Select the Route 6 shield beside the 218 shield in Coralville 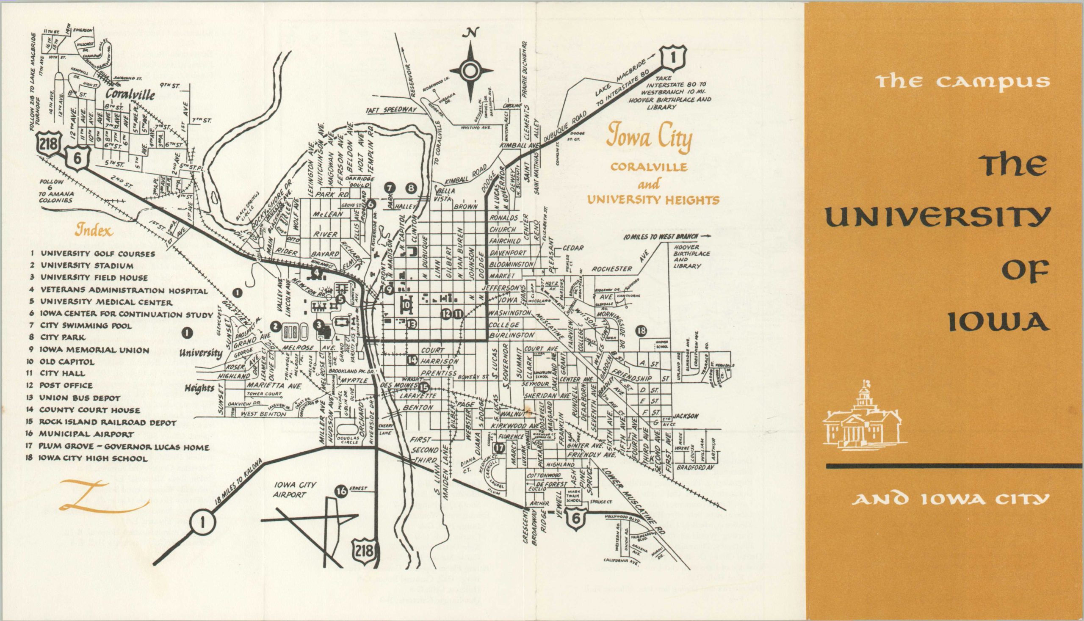click(x=77, y=159)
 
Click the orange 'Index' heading click(x=94, y=231)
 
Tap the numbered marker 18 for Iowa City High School click(x=641, y=331)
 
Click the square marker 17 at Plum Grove click(x=499, y=448)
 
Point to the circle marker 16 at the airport click(x=341, y=492)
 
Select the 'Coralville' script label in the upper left click(x=130, y=95)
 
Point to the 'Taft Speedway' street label click(x=391, y=110)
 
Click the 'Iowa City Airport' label click(x=295, y=490)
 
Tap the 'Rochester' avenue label click(x=612, y=269)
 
